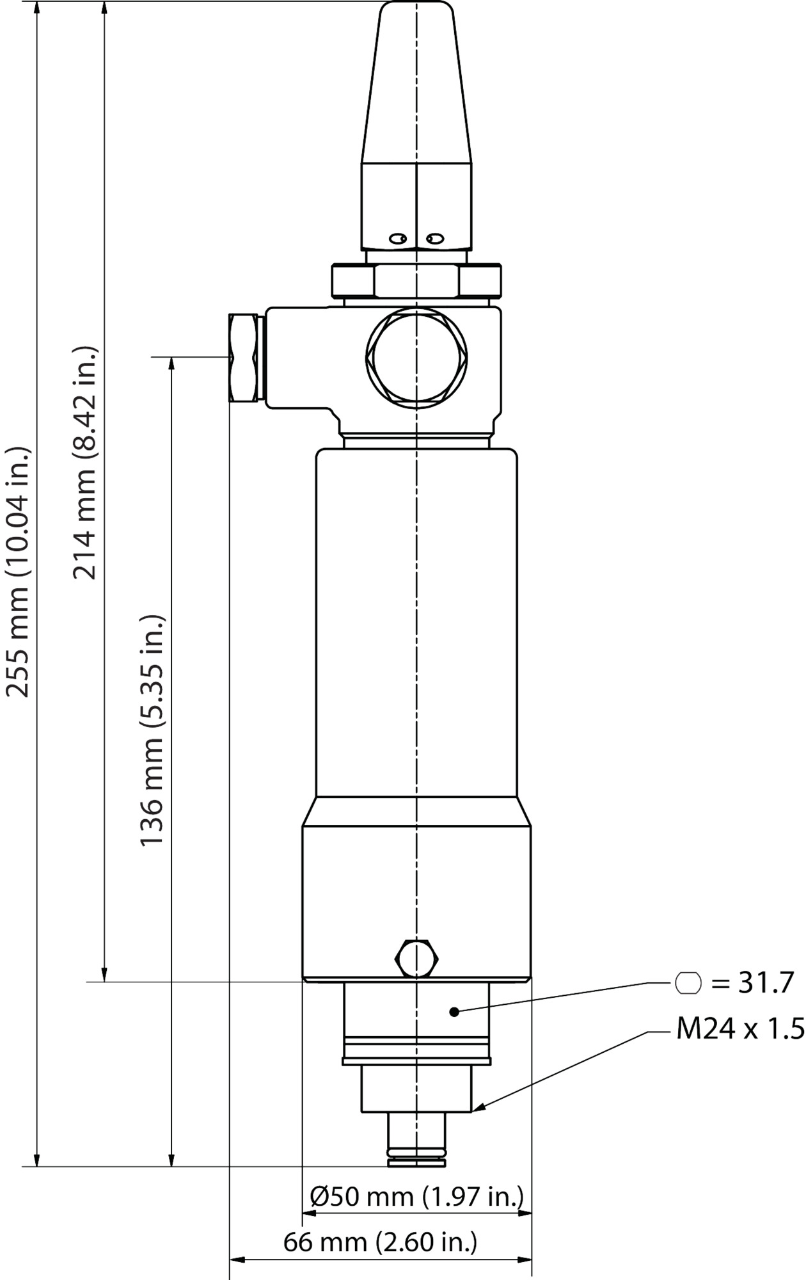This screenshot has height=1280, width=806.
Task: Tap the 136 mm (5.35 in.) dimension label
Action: coord(152,730)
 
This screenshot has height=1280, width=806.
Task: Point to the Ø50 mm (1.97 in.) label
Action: coord(416,1196)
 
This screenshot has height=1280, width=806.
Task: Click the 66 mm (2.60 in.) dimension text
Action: coord(380,1242)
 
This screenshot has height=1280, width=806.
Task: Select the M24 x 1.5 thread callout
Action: coord(740,1030)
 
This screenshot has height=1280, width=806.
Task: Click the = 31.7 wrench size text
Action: coord(752,982)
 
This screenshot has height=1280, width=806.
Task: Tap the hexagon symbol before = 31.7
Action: coord(688,983)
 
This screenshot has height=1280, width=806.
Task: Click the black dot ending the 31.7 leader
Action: coord(454,1012)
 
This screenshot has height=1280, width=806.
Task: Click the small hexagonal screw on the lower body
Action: coord(417,958)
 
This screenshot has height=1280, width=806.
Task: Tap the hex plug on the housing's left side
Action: coord(244,357)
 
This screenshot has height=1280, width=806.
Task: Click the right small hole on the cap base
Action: coord(436,239)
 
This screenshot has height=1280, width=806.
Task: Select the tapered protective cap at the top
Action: coord(416,83)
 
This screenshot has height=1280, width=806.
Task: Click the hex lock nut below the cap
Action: coord(416,281)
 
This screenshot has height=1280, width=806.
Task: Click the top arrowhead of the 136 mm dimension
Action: coord(171,364)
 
